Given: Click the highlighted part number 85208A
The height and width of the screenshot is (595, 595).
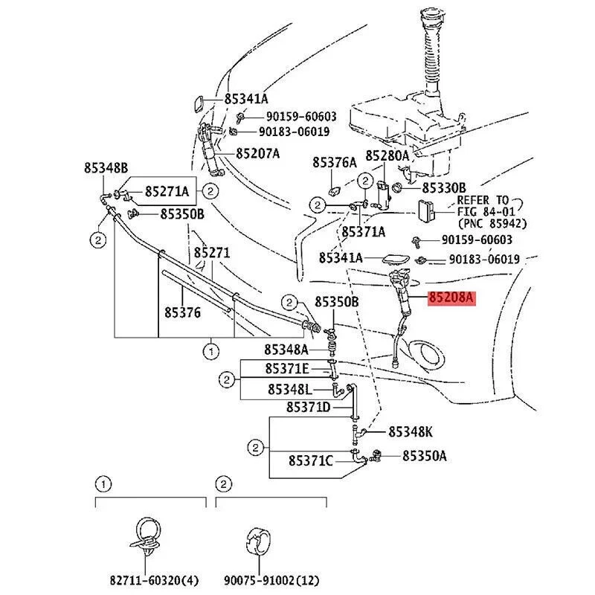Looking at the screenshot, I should point(450,299).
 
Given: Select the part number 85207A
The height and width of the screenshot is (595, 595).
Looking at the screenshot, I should point(258,154).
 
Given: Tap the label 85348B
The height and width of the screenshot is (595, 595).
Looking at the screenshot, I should point(106,168).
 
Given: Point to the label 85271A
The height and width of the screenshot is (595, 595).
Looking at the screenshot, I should point(167,191).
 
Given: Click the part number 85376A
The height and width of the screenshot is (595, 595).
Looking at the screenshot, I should point(335,161).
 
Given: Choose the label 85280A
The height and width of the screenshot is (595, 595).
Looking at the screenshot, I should point(387,156).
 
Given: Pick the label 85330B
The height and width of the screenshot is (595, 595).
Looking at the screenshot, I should point(444,187).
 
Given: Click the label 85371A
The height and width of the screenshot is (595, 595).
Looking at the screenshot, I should point(364,232).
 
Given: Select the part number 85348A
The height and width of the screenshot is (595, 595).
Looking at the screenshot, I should point(286,349).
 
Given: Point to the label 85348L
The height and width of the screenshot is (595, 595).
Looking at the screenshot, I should point(289,389).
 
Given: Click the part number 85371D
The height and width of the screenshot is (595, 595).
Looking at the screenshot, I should point(308,408).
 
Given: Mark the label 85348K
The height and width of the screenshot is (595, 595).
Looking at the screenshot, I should point(409,432).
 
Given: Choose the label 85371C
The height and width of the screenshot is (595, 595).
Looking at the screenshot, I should point(311,461).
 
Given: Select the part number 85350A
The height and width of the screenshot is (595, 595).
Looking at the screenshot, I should point(425,456).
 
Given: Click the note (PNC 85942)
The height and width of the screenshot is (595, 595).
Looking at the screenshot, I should point(492,223).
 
